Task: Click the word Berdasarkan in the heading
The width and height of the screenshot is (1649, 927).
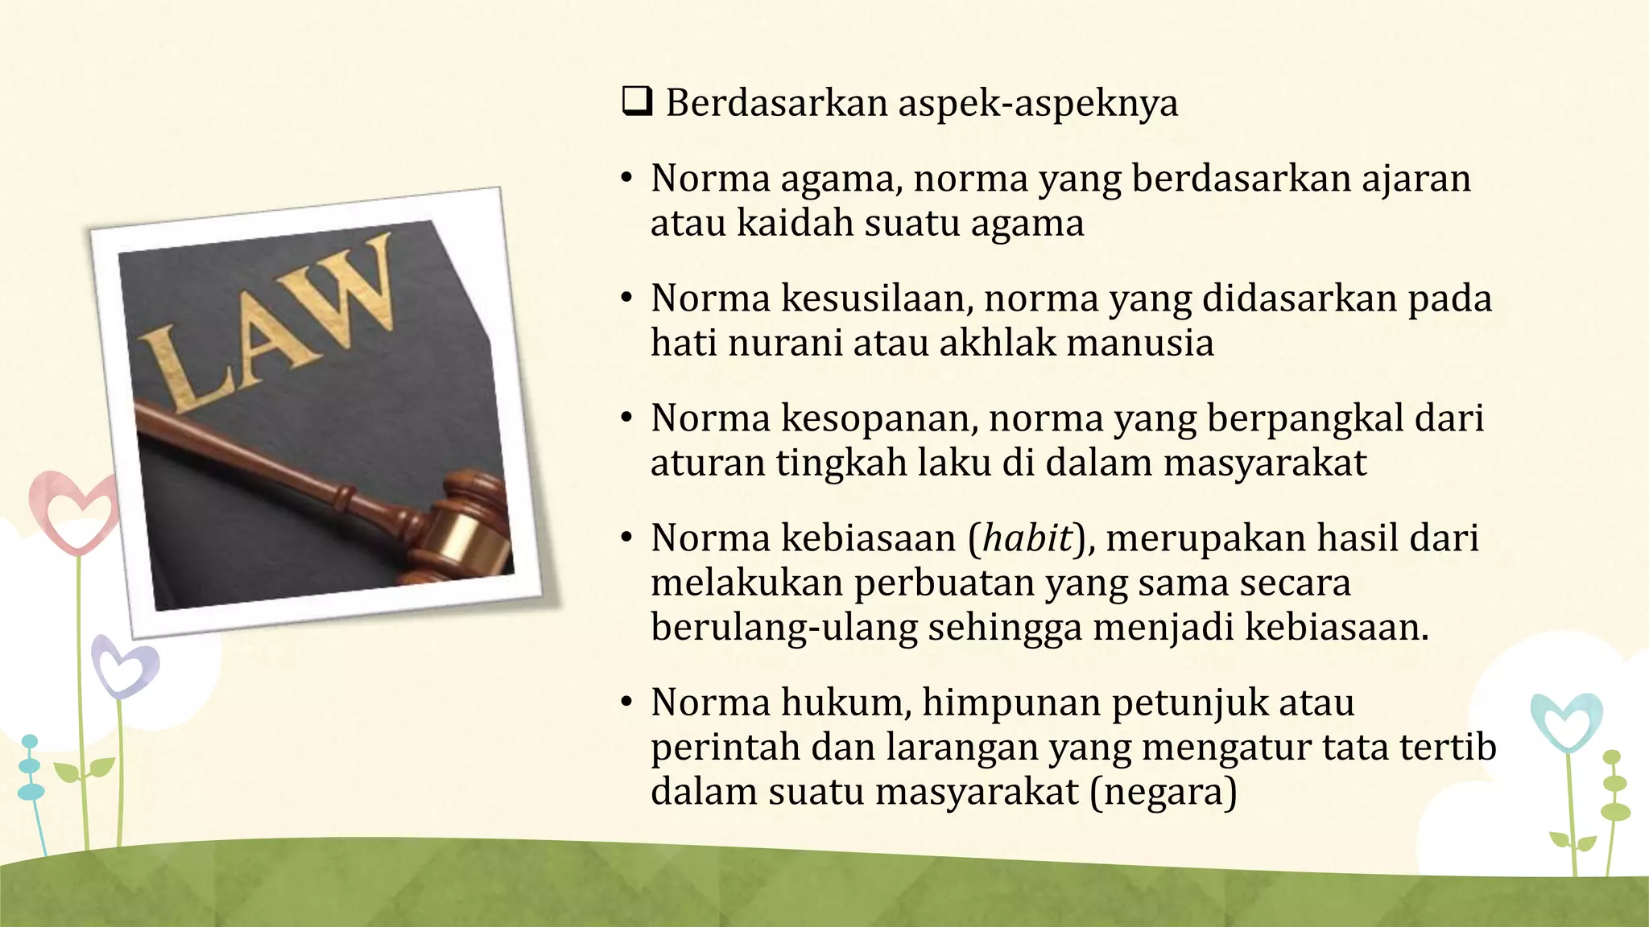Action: tap(776, 104)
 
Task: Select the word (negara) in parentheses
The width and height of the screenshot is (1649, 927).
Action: tap(1163, 792)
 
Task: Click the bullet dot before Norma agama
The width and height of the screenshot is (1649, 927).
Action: tap(626, 179)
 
